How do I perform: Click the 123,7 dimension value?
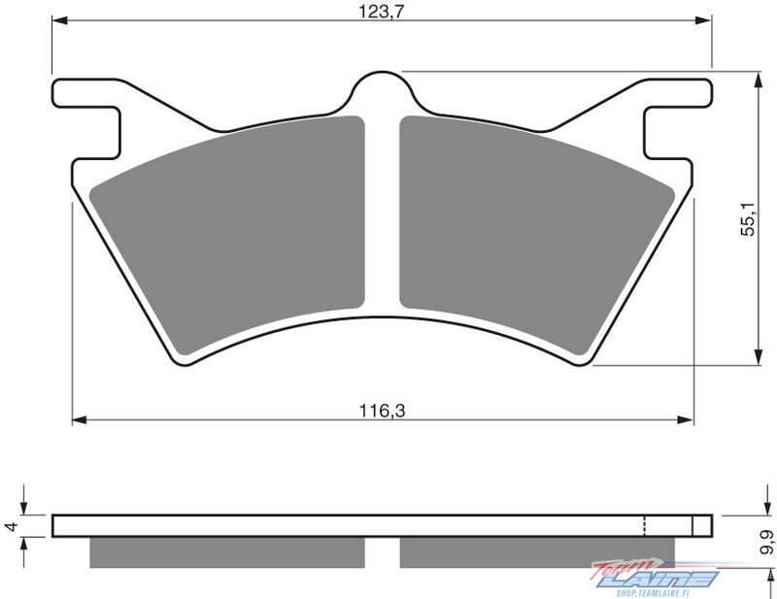click(x=382, y=11)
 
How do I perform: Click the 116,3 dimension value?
click(x=382, y=411)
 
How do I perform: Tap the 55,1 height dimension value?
click(x=748, y=218)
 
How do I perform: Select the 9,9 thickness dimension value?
click(x=768, y=541)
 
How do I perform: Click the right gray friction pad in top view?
click(x=537, y=233)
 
